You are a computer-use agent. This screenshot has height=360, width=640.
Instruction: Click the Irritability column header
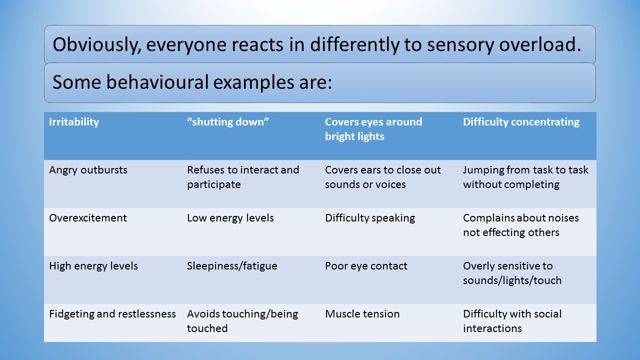(x=74, y=122)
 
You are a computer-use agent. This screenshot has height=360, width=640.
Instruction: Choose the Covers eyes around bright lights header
(x=373, y=129)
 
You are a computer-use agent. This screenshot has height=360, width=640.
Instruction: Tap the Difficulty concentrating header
(x=521, y=122)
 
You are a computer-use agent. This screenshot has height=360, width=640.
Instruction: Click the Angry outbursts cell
(x=88, y=170)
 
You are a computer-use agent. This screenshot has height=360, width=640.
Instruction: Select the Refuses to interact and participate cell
(x=243, y=177)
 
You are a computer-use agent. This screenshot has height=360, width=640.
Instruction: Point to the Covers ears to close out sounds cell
(x=383, y=177)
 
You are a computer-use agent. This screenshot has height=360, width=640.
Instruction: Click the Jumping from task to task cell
(x=525, y=177)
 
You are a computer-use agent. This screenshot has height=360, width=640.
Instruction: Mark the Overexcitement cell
(x=88, y=218)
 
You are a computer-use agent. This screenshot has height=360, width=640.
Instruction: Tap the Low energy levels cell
(x=230, y=218)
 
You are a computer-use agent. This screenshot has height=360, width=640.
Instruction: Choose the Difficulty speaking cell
(x=370, y=218)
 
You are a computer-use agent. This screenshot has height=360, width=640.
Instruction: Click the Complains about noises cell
(x=520, y=225)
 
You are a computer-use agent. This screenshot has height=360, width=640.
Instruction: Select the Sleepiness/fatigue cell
(x=232, y=266)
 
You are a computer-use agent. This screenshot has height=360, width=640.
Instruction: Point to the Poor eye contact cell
(x=366, y=266)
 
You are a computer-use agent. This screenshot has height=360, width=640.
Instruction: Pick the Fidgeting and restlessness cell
(x=112, y=314)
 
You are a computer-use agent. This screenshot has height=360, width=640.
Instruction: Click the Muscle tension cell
(x=362, y=314)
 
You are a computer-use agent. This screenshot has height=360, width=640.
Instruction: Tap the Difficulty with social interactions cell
(x=512, y=321)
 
